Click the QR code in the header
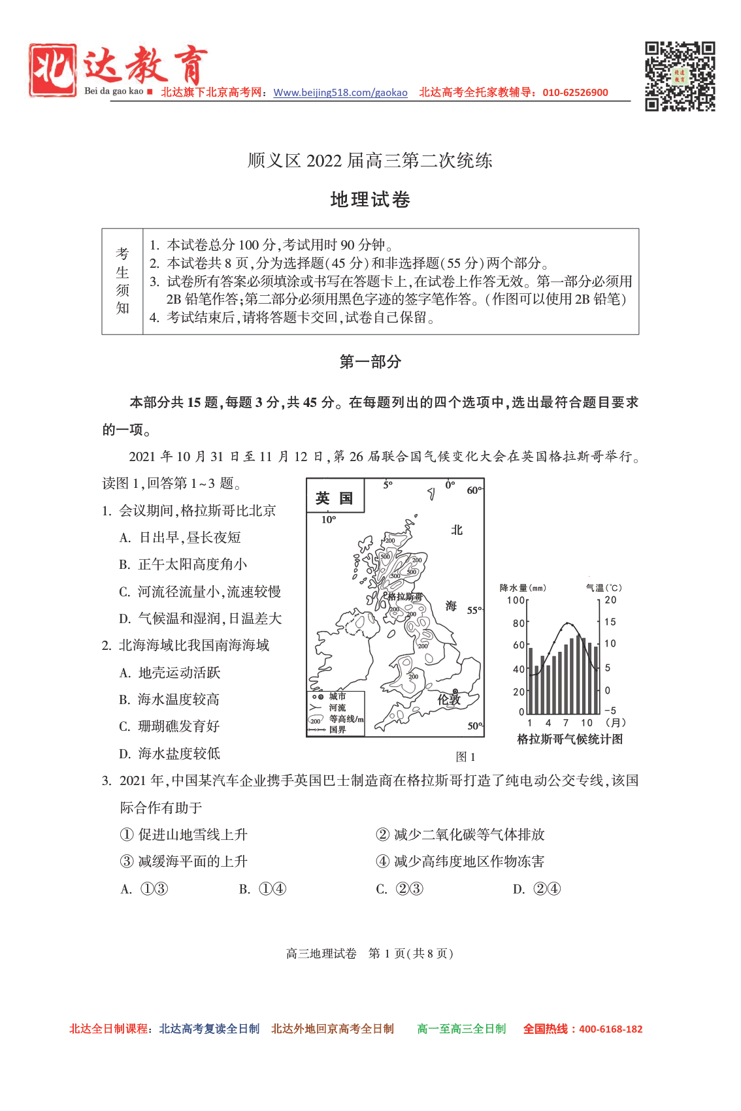[680, 76]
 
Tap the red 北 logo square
[52, 70]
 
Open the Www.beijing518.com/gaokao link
[340, 93]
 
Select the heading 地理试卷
[370, 199]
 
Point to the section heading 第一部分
[370, 362]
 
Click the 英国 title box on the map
[335, 498]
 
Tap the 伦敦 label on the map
[449, 700]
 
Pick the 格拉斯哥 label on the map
[405, 596]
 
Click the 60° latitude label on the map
[474, 490]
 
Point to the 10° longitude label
[329, 520]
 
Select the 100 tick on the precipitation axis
[515, 600]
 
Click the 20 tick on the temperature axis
[610, 600]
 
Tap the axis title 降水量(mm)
[523, 588]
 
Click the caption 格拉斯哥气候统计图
[569, 739]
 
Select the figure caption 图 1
[465, 757]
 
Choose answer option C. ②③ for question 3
[399, 889]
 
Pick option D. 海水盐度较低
[170, 754]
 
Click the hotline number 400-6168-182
[610, 1029]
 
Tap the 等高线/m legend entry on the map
[346, 719]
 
